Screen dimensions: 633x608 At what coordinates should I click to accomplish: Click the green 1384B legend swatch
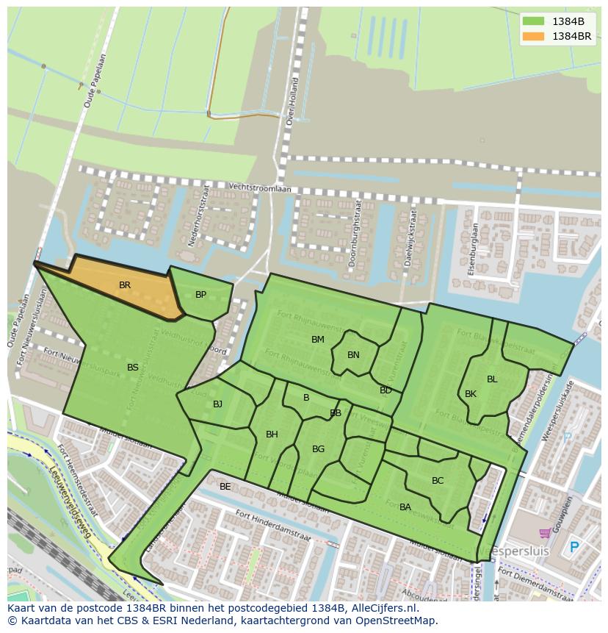(534, 21)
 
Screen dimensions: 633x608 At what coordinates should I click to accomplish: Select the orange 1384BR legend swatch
(534, 36)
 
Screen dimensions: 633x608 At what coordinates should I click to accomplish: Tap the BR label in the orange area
(125, 285)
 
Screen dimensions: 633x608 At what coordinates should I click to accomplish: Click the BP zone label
(200, 295)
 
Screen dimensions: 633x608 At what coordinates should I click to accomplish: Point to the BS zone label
(133, 368)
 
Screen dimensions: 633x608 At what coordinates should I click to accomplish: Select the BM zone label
(318, 340)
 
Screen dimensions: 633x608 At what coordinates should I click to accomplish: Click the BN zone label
(353, 355)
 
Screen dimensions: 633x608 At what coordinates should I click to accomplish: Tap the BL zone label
(492, 379)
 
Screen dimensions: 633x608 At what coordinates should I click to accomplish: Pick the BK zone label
(471, 394)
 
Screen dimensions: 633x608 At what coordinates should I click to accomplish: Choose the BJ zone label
(217, 404)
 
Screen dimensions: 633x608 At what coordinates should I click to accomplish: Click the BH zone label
(272, 434)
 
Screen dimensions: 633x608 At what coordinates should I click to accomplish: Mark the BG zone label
(318, 449)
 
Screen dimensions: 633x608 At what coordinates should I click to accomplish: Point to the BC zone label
(438, 481)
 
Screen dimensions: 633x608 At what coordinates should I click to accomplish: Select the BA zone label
(405, 507)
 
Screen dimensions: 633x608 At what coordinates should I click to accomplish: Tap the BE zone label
(225, 487)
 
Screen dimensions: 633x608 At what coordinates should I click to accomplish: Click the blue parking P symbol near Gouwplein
(574, 548)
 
